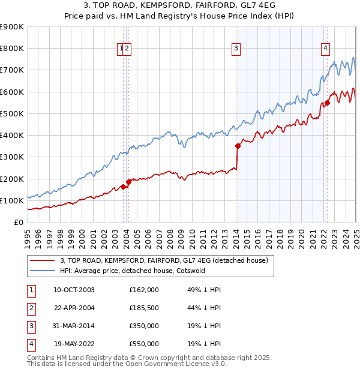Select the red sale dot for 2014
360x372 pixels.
click(x=238, y=145)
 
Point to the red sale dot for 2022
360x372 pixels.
click(x=328, y=102)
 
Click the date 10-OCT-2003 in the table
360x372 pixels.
click(x=74, y=290)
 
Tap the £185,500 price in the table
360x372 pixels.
click(x=144, y=308)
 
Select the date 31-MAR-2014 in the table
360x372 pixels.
click(x=74, y=326)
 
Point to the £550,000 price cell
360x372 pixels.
click(x=144, y=344)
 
